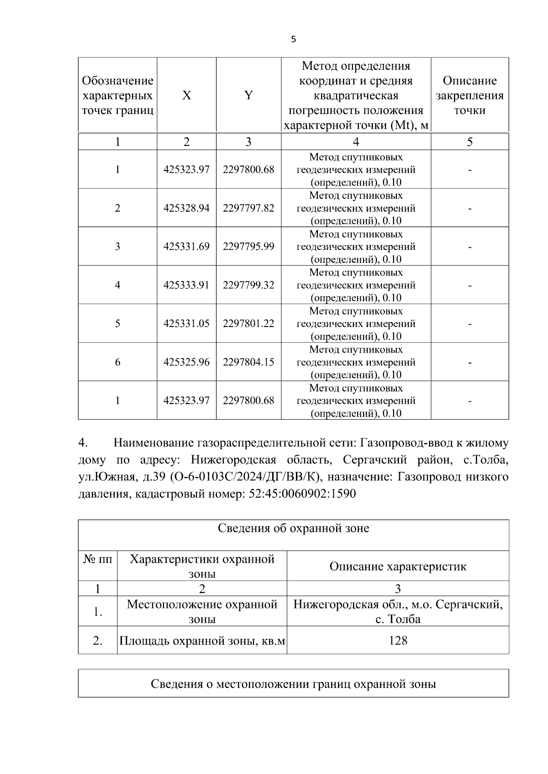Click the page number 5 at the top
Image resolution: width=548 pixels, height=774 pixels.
click(293, 40)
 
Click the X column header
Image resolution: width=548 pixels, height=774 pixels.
click(186, 95)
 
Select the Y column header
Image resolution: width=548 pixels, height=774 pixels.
click(248, 95)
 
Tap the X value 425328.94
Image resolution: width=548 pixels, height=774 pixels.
click(186, 208)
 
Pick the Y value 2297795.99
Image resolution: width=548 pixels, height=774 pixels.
click(248, 246)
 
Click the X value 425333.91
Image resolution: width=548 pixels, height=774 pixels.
click(186, 285)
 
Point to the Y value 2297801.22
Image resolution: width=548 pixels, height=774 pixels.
click(248, 323)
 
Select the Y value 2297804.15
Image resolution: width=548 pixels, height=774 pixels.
click(248, 362)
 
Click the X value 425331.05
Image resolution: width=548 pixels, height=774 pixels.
click(186, 323)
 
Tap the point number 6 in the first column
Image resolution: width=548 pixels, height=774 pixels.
click(117, 362)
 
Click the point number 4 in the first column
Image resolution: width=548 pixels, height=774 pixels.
click(117, 285)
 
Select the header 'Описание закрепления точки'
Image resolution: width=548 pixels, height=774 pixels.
click(469, 95)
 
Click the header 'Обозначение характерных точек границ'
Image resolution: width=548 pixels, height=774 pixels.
click(117, 95)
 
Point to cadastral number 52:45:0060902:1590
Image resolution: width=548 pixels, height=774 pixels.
click(302, 494)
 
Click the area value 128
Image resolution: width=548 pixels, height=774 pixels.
click(398, 641)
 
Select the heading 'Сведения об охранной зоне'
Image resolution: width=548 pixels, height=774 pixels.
click(293, 529)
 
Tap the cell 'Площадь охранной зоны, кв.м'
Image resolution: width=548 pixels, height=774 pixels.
click(202, 641)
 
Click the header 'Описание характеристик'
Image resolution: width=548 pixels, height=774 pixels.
click(398, 566)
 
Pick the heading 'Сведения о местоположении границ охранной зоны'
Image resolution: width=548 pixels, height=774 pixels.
click(293, 684)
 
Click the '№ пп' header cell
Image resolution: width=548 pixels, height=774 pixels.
click(98, 559)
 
